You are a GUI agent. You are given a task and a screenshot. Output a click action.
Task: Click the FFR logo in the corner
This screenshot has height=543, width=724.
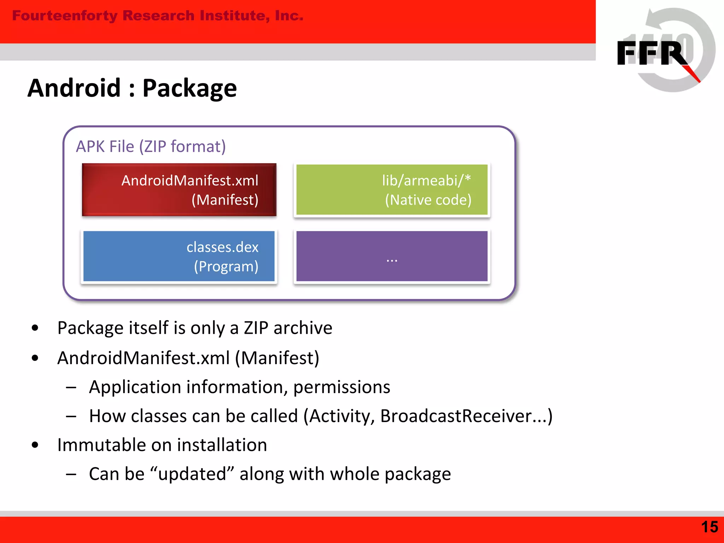665,51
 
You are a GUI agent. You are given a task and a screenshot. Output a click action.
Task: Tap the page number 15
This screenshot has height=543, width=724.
709,527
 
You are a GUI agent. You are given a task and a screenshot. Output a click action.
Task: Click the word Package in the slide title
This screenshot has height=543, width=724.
189,88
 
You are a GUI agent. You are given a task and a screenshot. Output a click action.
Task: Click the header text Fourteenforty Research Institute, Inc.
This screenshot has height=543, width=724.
158,16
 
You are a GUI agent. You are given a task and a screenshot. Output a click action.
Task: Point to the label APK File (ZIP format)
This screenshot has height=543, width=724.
151,146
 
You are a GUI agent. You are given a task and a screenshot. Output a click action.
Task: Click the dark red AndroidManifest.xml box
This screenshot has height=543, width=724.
179,190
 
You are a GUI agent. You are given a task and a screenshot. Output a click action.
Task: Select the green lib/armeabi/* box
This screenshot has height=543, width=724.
392,190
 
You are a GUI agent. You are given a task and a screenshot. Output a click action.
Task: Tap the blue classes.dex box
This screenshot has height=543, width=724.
179,256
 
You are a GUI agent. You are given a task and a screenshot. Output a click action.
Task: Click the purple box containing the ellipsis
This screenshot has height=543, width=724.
392,256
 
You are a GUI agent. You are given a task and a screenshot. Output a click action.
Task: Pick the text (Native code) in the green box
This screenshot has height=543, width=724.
428,200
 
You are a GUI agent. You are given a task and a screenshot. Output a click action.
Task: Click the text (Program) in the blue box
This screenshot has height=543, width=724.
226,267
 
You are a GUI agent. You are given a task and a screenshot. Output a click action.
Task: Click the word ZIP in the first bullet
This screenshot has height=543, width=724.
256,328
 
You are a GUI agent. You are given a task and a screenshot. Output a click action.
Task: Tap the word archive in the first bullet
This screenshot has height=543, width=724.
303,328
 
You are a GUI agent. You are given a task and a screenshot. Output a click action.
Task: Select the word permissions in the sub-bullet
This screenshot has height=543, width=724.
341,387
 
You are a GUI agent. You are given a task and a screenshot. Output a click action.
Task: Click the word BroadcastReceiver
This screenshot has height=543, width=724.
456,416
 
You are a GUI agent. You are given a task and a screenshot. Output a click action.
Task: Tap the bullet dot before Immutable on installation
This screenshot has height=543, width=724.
35,445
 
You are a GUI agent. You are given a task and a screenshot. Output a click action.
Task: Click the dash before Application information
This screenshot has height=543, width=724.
71,387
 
